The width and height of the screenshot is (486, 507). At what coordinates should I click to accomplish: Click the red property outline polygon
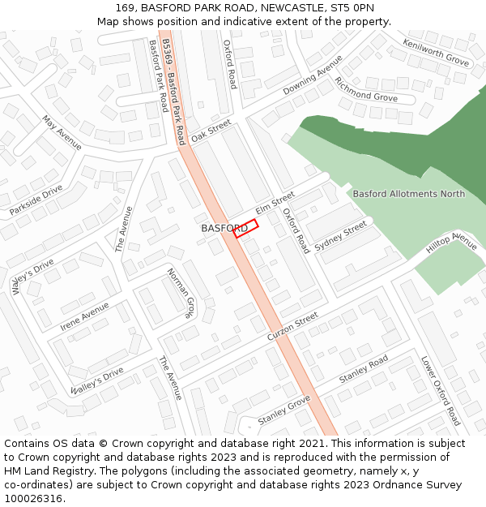pyautogui.click(x=245, y=228)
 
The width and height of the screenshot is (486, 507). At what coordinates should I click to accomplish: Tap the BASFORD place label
pyautogui.click(x=224, y=229)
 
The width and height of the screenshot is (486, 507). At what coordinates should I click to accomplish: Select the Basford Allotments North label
pyautogui.click(x=409, y=194)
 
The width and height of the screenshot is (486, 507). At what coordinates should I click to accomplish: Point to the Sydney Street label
pyautogui.click(x=341, y=234)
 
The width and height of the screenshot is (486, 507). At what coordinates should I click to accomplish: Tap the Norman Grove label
pyautogui.click(x=181, y=292)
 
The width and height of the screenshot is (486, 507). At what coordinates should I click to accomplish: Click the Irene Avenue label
pyautogui.click(x=84, y=316)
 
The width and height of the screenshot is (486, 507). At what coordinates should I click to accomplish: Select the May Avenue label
pyautogui.click(x=62, y=133)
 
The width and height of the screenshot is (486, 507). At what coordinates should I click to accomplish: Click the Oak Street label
pyautogui.click(x=211, y=131)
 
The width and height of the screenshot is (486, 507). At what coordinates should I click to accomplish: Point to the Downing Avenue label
pyautogui.click(x=307, y=80)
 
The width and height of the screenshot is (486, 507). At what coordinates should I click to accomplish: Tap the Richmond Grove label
pyautogui.click(x=366, y=91)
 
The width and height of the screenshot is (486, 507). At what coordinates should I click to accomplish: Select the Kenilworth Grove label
pyautogui.click(x=436, y=53)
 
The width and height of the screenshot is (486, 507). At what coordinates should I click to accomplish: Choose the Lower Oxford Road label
pyautogui.click(x=441, y=390)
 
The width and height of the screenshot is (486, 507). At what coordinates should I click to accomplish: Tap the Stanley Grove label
pyautogui.click(x=284, y=411)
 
